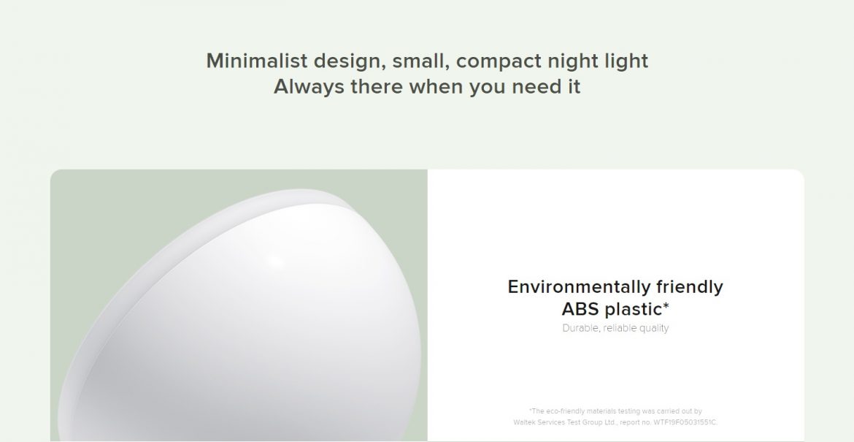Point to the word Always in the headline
tap(309, 87)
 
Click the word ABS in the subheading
tap(580, 309)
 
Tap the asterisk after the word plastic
tap(666, 306)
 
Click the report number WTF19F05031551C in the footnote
tap(685, 422)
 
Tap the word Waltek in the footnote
tap(524, 422)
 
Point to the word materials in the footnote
tap(601, 411)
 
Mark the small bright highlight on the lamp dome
tap(276, 261)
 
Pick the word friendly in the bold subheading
tap(690, 287)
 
